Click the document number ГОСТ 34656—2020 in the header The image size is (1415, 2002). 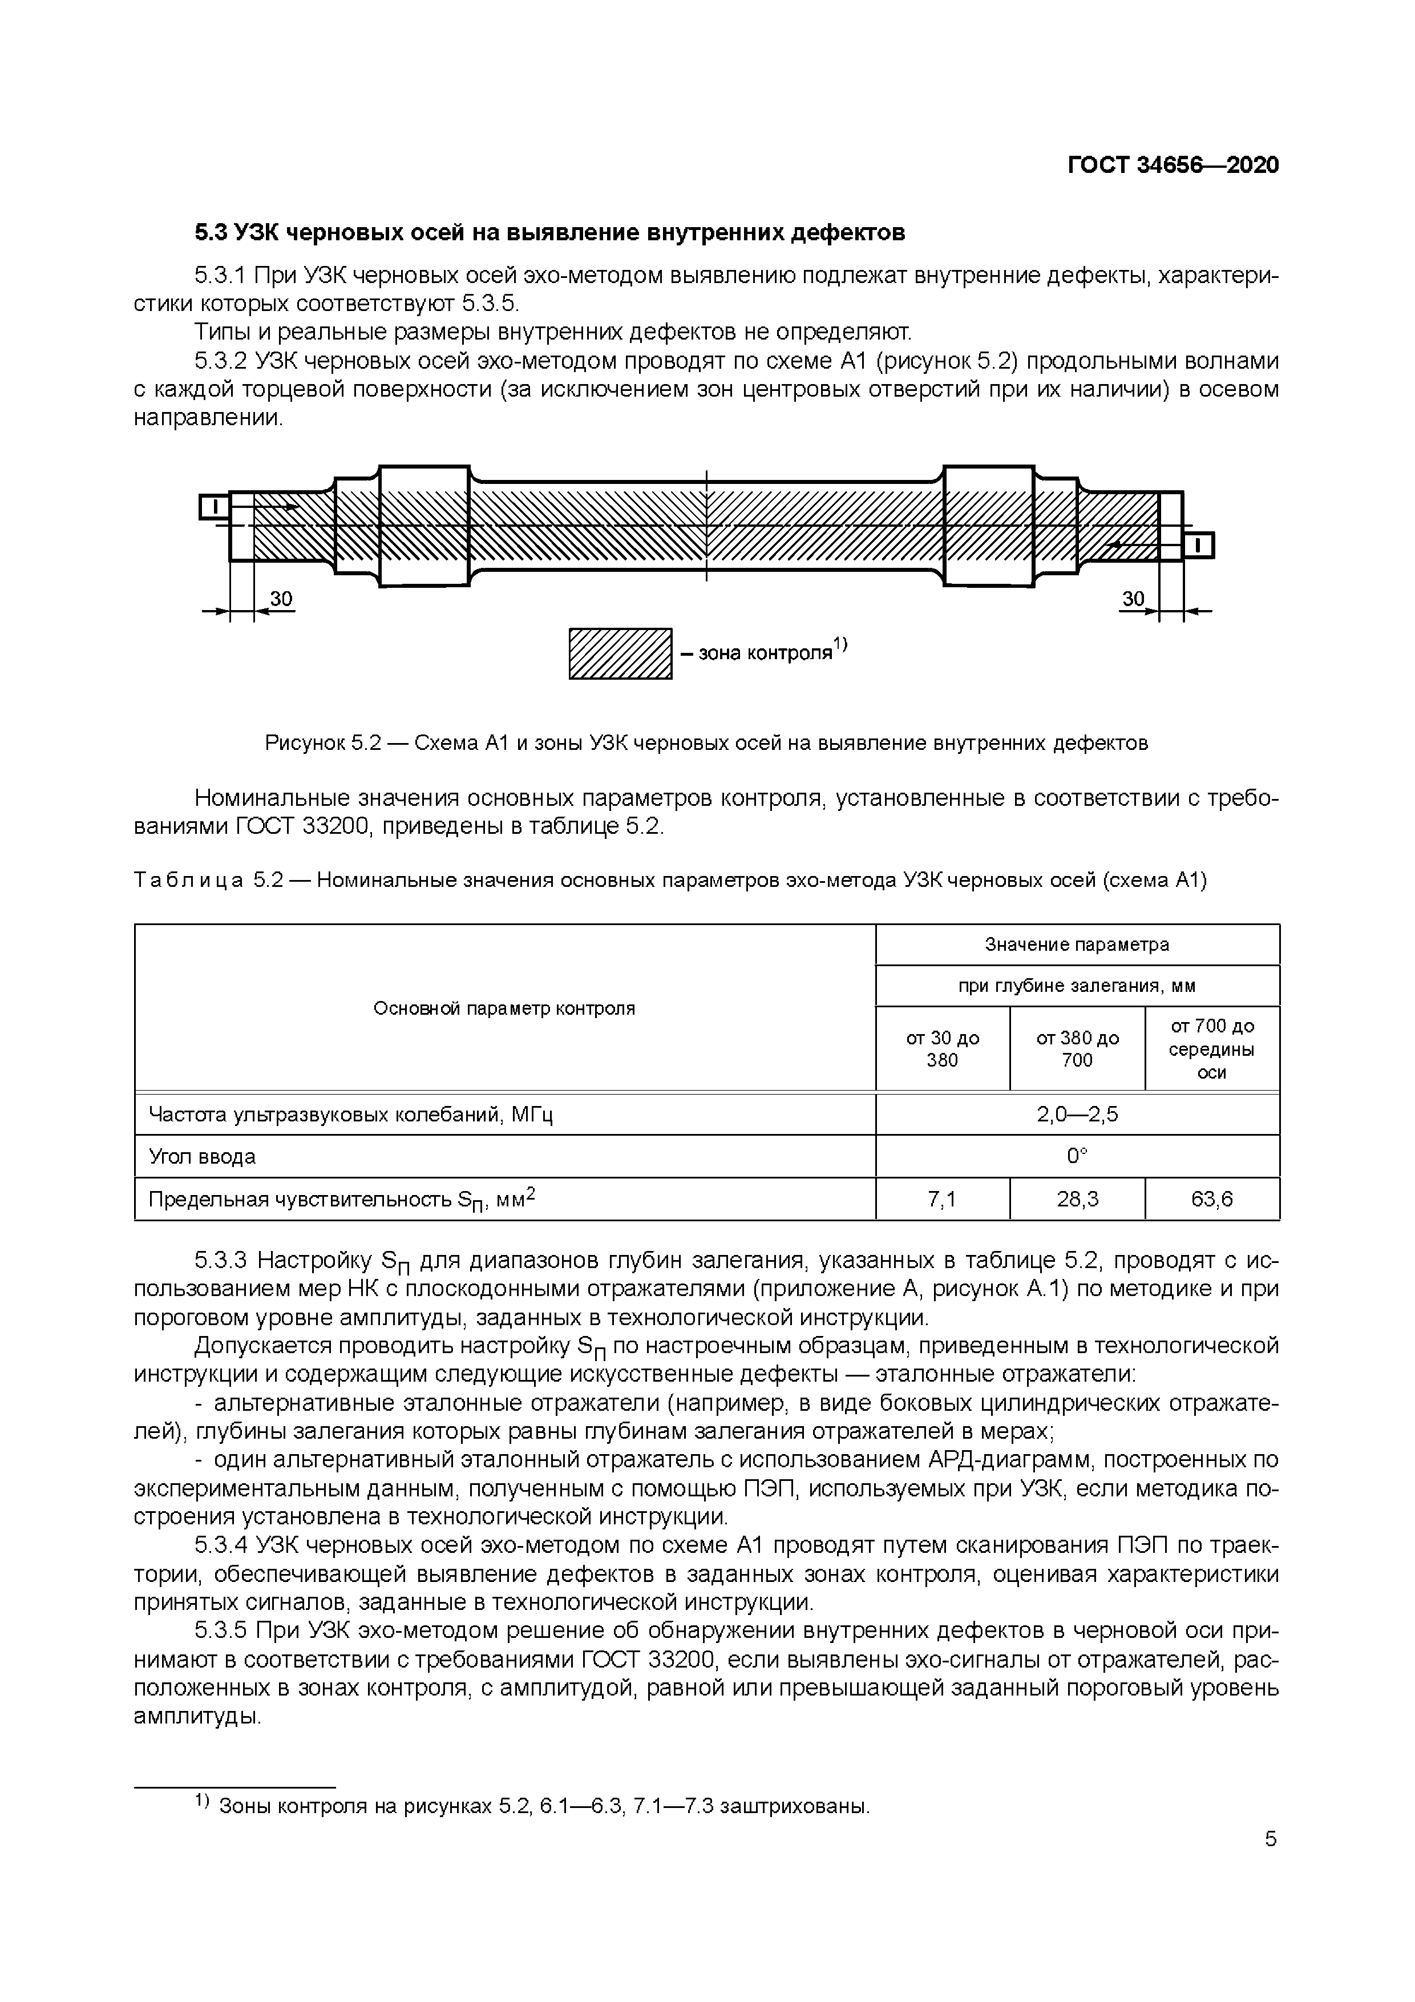point(1173,166)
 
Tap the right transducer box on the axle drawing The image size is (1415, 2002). point(1198,546)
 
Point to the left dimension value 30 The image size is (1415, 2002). point(281,599)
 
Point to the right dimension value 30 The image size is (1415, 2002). point(1133,599)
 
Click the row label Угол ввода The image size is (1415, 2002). point(203,1157)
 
